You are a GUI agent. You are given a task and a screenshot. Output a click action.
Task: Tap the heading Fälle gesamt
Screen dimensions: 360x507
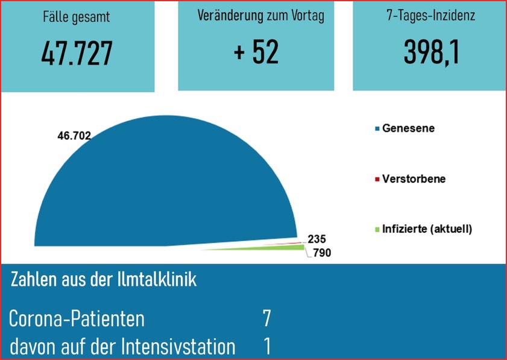[x=77, y=17]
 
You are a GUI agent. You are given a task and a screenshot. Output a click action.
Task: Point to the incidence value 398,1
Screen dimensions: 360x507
[x=431, y=52]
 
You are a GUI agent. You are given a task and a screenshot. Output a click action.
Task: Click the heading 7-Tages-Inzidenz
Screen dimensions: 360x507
[x=430, y=16]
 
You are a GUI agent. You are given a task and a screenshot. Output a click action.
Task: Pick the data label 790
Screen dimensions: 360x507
[x=322, y=253]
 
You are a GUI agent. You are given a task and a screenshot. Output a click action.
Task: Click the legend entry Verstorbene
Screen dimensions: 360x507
[x=414, y=179]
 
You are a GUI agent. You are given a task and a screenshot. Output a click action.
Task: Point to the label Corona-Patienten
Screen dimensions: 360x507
[x=77, y=319]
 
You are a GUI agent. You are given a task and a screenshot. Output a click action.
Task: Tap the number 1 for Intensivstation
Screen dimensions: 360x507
[x=267, y=346]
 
